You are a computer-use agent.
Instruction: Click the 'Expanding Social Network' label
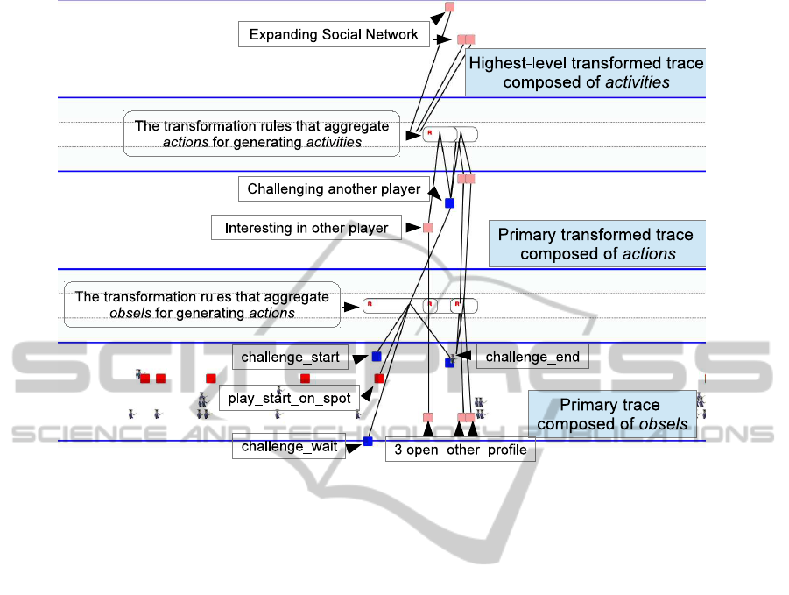(334, 35)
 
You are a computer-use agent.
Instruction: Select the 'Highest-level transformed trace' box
(585, 73)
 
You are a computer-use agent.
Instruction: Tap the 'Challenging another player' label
(334, 189)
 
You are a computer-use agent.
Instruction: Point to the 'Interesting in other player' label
(306, 229)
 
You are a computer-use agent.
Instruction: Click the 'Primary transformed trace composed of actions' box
(596, 244)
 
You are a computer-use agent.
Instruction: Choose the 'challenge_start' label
(290, 358)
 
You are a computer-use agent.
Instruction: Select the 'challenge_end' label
(532, 357)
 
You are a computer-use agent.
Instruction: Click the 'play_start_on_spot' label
(289, 399)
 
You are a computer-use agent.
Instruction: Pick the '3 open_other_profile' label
(460, 450)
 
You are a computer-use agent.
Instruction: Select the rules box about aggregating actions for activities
(262, 133)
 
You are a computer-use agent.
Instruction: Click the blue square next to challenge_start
(377, 357)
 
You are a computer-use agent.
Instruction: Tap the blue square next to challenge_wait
(368, 442)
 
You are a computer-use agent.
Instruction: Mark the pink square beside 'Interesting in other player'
(427, 228)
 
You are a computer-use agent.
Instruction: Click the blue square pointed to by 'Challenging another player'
(449, 203)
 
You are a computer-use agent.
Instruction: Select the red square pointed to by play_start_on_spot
(379, 379)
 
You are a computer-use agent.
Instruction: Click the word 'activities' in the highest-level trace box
(637, 83)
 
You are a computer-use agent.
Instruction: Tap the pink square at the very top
(449, 7)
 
